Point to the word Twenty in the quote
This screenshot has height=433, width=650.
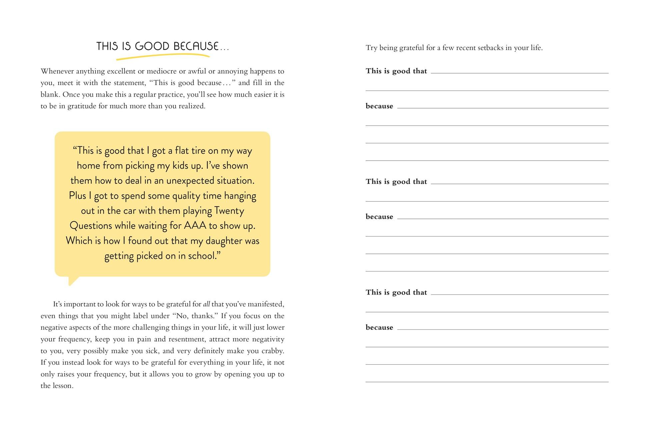tap(229, 211)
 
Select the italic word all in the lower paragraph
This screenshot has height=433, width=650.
tap(207, 304)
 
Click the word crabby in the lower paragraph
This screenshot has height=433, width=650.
tap(273, 351)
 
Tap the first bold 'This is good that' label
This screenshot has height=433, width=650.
tap(396, 71)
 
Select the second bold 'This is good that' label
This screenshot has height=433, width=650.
tap(396, 182)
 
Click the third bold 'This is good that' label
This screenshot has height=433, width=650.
tap(396, 292)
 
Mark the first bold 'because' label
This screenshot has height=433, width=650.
tap(379, 106)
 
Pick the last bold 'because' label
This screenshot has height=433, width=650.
tap(379, 327)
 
